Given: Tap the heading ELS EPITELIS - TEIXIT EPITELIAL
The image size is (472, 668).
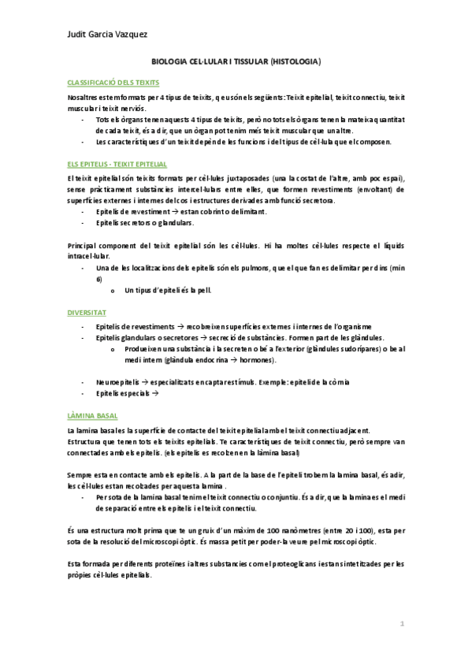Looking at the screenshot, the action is point(117,164).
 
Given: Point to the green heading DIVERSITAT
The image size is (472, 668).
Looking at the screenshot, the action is point(86,313).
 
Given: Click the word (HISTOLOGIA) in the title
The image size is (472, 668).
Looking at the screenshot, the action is point(294,61).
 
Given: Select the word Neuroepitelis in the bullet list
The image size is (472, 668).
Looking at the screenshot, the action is point(117,381).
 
